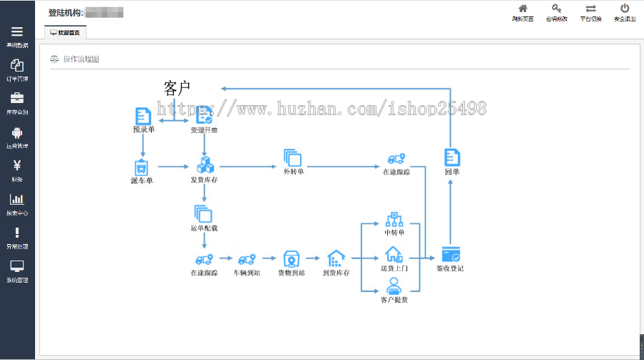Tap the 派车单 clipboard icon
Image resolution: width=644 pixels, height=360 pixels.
tap(142, 167)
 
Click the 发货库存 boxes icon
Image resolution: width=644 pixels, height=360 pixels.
tap(205, 166)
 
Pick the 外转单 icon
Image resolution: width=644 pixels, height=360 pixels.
tap(293, 158)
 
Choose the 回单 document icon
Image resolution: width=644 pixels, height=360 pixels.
tap(452, 158)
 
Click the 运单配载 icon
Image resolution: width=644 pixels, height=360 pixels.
tap(203, 214)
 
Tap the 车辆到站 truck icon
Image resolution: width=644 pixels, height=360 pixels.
tap(247, 259)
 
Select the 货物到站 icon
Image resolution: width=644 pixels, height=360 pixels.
tap(291, 258)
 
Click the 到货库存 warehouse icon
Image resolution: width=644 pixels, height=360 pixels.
tap(336, 258)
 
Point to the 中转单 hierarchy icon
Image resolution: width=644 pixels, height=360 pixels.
tap(394, 219)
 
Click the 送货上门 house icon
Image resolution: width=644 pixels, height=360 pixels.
tap(394, 254)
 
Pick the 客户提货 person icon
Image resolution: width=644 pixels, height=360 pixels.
tap(394, 286)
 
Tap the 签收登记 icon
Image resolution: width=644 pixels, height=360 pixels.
tap(450, 254)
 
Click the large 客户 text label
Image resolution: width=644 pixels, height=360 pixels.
tap(177, 88)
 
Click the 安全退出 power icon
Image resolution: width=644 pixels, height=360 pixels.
tap(625, 9)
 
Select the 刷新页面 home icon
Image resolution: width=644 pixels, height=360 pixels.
tap(523, 9)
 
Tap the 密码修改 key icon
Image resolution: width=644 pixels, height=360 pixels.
tap(556, 9)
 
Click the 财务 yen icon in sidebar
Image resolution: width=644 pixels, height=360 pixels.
tap(17, 165)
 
